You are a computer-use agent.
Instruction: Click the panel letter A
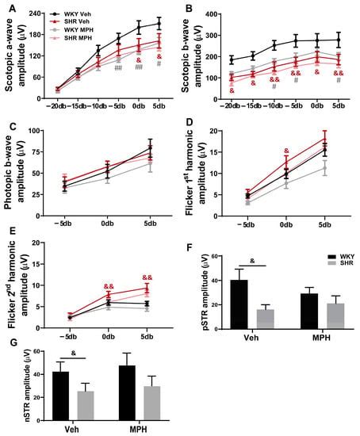(6, 7)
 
